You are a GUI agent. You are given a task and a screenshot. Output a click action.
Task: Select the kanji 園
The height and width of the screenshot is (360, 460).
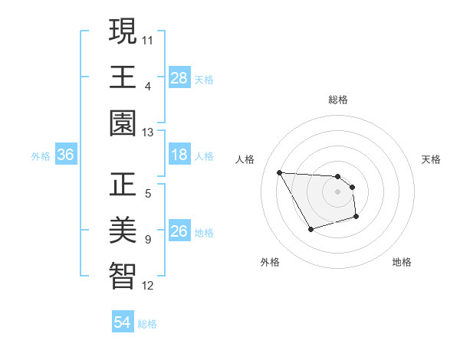(x=123, y=123)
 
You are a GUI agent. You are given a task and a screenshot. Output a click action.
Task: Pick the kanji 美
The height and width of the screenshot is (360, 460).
(x=123, y=231)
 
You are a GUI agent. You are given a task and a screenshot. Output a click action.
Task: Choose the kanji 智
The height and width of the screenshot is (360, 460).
(x=123, y=277)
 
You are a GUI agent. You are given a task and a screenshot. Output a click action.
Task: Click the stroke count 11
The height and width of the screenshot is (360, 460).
(x=148, y=39)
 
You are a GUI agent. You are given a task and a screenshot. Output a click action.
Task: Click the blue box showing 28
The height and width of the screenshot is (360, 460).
(x=179, y=78)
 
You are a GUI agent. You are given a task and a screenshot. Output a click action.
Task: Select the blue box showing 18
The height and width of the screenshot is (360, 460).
(x=179, y=155)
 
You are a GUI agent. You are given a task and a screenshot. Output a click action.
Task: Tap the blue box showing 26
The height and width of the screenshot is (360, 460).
(x=179, y=232)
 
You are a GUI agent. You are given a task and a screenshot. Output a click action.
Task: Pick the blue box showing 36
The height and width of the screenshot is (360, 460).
(x=66, y=155)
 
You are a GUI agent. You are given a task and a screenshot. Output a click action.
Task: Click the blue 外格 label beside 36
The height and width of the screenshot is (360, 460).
(x=41, y=156)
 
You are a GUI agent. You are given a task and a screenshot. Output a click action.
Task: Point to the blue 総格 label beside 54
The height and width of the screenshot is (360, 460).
(x=147, y=324)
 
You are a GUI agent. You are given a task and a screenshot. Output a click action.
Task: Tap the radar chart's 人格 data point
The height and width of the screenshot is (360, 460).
(x=279, y=172)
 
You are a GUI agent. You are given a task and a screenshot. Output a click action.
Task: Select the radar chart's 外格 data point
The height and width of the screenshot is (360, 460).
(x=310, y=229)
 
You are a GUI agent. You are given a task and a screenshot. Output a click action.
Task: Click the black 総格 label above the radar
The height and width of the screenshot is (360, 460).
(x=337, y=100)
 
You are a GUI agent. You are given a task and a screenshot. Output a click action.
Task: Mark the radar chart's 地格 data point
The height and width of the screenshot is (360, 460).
(x=356, y=218)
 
